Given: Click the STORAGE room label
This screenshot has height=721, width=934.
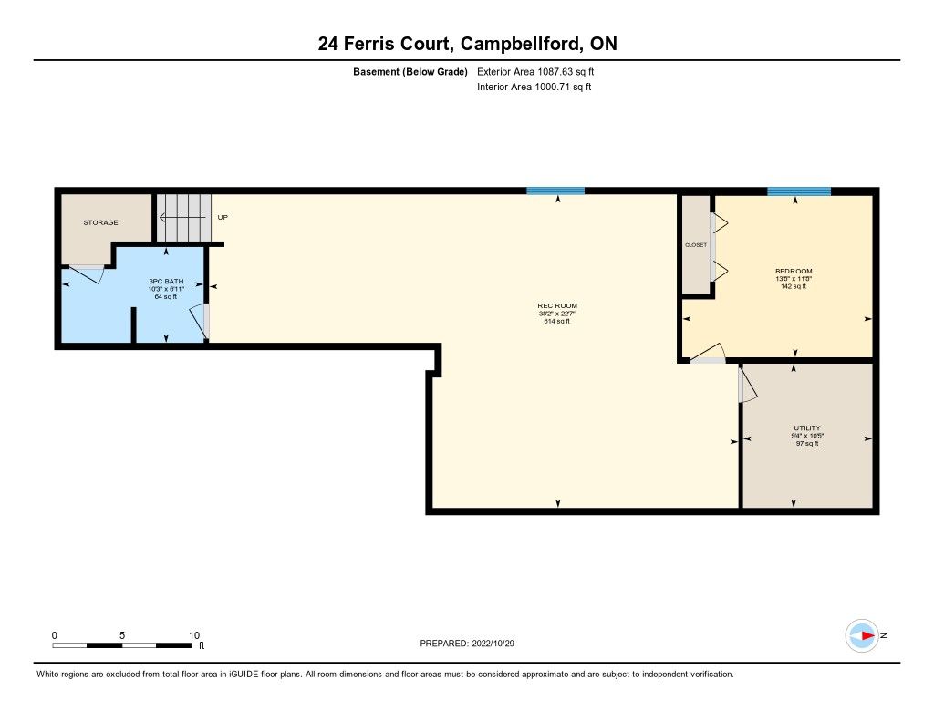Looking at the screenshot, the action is tap(100, 222).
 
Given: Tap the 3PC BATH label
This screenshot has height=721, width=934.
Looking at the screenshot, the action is tap(166, 282).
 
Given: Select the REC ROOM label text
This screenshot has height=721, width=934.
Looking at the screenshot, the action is tap(557, 306).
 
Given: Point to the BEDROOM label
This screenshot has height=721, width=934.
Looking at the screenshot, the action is tap(794, 272).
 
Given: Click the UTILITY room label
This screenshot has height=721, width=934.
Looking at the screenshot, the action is tap(807, 428).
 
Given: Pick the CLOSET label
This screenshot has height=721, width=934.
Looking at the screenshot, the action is tap(696, 245).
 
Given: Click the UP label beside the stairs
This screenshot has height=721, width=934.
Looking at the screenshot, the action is tap(223, 217).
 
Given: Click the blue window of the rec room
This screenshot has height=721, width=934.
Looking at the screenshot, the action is tap(555, 191).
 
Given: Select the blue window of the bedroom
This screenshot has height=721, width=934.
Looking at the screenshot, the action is tap(799, 191).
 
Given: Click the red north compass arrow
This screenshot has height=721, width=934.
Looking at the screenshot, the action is tap(868, 636).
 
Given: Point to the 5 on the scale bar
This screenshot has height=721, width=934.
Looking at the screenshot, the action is tap(122, 635).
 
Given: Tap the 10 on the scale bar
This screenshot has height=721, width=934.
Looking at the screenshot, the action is tap(194, 635).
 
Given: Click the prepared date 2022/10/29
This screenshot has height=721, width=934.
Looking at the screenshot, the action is tap(493, 644).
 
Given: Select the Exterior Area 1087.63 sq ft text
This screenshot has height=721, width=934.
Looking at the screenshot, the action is tap(535, 72).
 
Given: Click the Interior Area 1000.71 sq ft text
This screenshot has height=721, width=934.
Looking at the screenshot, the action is tap(534, 87).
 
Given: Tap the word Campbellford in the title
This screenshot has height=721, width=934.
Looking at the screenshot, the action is tap(521, 44).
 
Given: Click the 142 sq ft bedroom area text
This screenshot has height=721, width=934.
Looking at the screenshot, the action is tap(794, 286).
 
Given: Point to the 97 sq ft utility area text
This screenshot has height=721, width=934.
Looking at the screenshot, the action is tap(807, 444).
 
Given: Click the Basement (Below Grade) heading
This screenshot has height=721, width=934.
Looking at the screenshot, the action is tap(410, 72).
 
